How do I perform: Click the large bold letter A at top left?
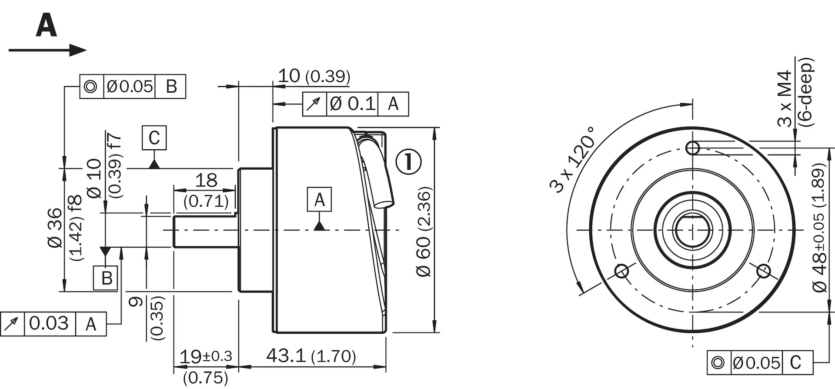pos(47,25)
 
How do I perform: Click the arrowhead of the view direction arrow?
pos(79,50)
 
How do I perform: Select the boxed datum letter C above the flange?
pos(154,138)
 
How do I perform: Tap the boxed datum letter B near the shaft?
pos(106,278)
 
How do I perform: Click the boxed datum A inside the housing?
pos(319,200)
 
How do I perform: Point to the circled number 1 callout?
pos(408,162)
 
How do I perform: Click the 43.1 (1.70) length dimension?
pos(311,356)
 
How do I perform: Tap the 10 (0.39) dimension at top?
pos(314,76)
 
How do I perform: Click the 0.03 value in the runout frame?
pos(49,324)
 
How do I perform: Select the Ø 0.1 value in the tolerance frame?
pos(352,104)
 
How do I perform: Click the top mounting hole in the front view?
pos(692,148)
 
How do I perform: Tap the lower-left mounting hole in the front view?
pos(621,271)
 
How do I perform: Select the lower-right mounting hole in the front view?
pos(763,271)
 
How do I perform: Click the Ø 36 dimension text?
pos(56,228)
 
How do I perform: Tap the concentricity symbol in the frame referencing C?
pos(718,362)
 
